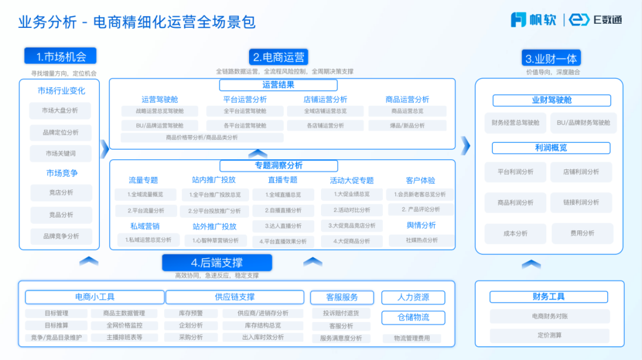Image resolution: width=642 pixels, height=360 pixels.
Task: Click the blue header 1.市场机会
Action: click(60, 56)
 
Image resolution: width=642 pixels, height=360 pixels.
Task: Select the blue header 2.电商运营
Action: click(278, 57)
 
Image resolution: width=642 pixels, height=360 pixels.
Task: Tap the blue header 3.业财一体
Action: click(551, 58)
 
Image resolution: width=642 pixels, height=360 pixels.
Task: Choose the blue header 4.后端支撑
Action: click(216, 263)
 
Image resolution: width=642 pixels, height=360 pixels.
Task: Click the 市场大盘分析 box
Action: click(60, 110)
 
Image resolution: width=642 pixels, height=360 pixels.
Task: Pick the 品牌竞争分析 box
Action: click(61, 236)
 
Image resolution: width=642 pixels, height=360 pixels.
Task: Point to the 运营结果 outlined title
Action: click(278, 85)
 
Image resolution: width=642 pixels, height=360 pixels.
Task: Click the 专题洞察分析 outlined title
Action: click(278, 165)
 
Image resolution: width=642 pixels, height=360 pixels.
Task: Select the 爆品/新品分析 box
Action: click(408, 125)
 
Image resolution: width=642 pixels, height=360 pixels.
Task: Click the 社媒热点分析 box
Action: click(422, 240)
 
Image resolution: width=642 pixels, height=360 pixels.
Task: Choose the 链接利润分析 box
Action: click(581, 203)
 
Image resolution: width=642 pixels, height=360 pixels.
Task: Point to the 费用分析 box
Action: click(582, 233)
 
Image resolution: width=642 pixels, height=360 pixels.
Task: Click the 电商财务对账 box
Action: click(550, 316)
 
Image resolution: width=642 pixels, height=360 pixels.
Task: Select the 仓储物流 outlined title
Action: click(413, 317)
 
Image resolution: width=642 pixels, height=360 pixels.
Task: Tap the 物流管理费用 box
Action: click(413, 338)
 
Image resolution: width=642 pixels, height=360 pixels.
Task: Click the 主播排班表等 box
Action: click(124, 337)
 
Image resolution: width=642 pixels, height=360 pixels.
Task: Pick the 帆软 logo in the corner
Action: click(533, 20)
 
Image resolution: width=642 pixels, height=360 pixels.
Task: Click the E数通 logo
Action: click(596, 20)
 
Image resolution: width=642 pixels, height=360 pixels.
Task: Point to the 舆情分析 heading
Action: click(421, 225)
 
